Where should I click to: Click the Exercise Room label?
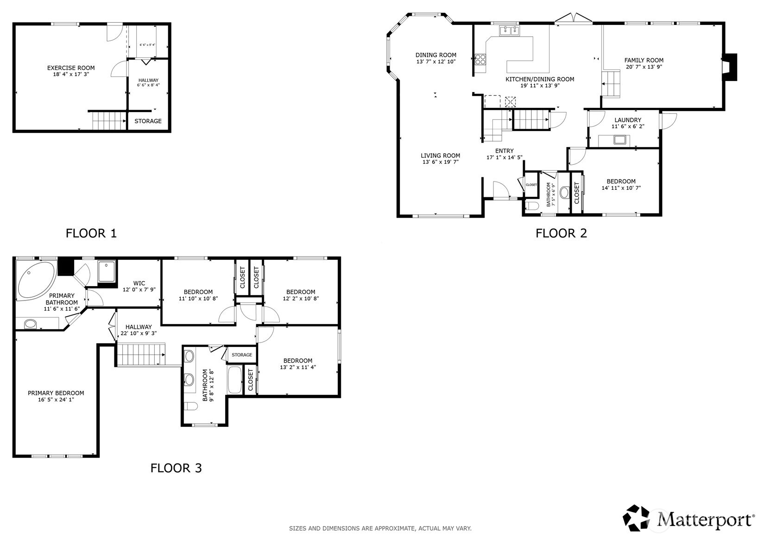[x=71, y=68]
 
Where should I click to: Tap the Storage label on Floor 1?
[x=148, y=121]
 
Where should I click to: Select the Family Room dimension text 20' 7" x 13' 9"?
[x=643, y=67]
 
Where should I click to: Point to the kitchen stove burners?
[x=480, y=59]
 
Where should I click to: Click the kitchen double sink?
[x=509, y=31]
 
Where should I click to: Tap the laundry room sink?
[x=619, y=139]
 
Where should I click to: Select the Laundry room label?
[x=628, y=120]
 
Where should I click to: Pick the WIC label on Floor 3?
[x=139, y=283]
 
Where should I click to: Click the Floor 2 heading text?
[x=561, y=233]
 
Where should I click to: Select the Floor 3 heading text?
[x=176, y=468]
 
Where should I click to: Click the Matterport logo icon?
[x=637, y=518]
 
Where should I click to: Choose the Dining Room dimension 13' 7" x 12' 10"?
[x=435, y=62]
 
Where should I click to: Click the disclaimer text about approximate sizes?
[x=380, y=528]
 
